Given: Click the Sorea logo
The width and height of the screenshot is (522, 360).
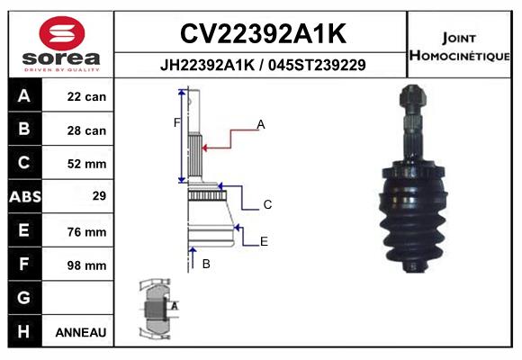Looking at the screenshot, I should pyautogui.click(x=60, y=42).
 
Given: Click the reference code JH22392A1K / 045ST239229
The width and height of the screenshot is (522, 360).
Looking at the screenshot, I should pyautogui.click(x=262, y=66).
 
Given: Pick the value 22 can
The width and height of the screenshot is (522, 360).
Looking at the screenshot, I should pyautogui.click(x=86, y=97).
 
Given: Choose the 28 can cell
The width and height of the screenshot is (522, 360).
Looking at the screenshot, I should pyautogui.click(x=86, y=130).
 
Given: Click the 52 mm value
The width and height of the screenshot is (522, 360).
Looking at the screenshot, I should pyautogui.click(x=86, y=164).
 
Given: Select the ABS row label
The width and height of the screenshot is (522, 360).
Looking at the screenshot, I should pyautogui.click(x=23, y=197).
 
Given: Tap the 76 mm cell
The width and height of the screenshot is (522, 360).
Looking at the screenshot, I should pyautogui.click(x=86, y=231).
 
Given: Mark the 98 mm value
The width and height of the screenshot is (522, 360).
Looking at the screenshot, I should pyautogui.click(x=86, y=265).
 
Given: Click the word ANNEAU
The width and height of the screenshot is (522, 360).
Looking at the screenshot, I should pyautogui.click(x=81, y=332).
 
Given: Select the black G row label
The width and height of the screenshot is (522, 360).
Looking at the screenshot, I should pyautogui.click(x=23, y=298).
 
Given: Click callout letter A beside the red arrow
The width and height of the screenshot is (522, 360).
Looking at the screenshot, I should pyautogui.click(x=261, y=124).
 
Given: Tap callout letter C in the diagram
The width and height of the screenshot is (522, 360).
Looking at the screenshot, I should pyautogui.click(x=267, y=205).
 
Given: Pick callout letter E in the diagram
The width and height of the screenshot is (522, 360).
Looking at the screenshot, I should pyautogui.click(x=264, y=240).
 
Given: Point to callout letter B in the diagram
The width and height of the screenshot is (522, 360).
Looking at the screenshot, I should pyautogui.click(x=206, y=264).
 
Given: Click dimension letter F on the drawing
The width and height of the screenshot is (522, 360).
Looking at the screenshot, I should pyautogui.click(x=176, y=121).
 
